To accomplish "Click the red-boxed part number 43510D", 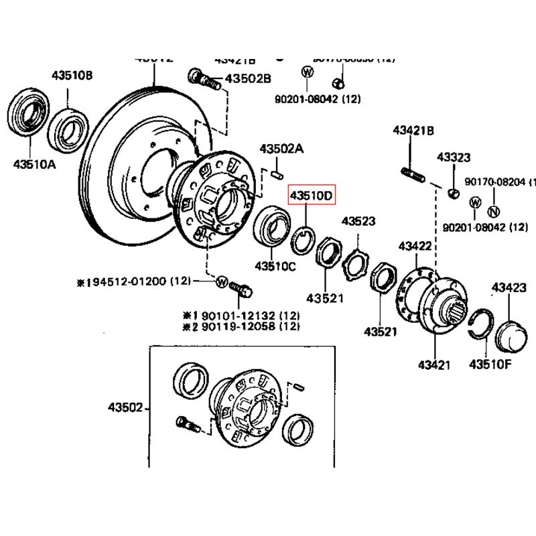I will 311,196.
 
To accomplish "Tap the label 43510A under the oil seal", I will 33,163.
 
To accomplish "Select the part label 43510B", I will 72,75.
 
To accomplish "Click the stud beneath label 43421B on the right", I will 411,175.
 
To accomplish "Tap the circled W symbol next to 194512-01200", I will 222,282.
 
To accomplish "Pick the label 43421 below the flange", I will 433,365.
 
